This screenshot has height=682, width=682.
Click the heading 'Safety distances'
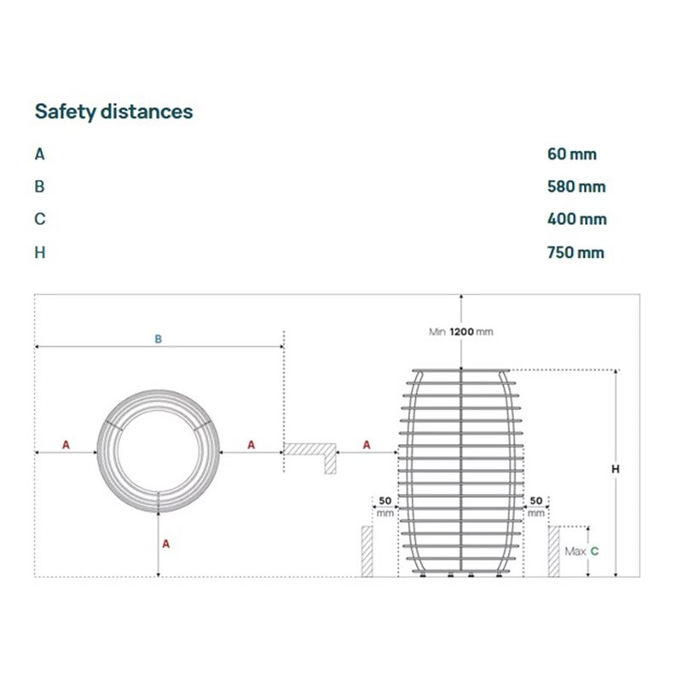point(113,112)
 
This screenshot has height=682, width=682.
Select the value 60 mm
point(571,154)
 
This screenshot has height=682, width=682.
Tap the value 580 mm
point(576,187)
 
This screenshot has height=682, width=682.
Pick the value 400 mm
point(577,219)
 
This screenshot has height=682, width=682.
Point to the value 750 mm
point(575,252)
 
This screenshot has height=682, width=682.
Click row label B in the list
point(39,187)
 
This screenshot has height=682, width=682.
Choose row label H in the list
point(39,252)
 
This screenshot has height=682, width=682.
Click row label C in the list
point(39,219)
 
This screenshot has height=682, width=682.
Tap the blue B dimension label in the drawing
point(159,338)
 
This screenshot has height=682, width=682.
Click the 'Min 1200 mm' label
point(461,332)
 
